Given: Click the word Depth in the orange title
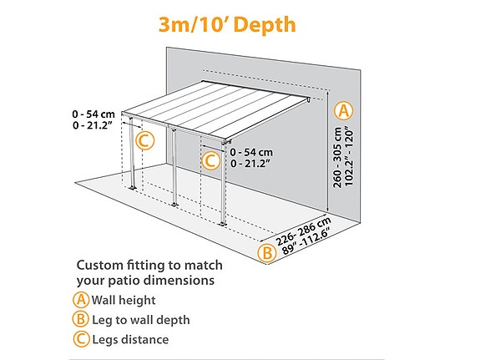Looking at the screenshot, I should click(265, 24).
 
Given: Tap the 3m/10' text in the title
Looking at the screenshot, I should click(195, 24).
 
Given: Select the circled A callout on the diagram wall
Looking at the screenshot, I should click(343, 110).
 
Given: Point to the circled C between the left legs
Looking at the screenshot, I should click(144, 140).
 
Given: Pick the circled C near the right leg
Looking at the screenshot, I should click(210, 159).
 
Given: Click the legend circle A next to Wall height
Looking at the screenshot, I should click(81, 300).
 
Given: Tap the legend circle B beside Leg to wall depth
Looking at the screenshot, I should click(81, 319).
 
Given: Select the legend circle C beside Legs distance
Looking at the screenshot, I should click(81, 339).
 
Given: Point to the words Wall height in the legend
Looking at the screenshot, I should click(124, 300).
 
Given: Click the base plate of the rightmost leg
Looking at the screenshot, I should click(222, 223).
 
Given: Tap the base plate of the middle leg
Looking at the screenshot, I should click(174, 204).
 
